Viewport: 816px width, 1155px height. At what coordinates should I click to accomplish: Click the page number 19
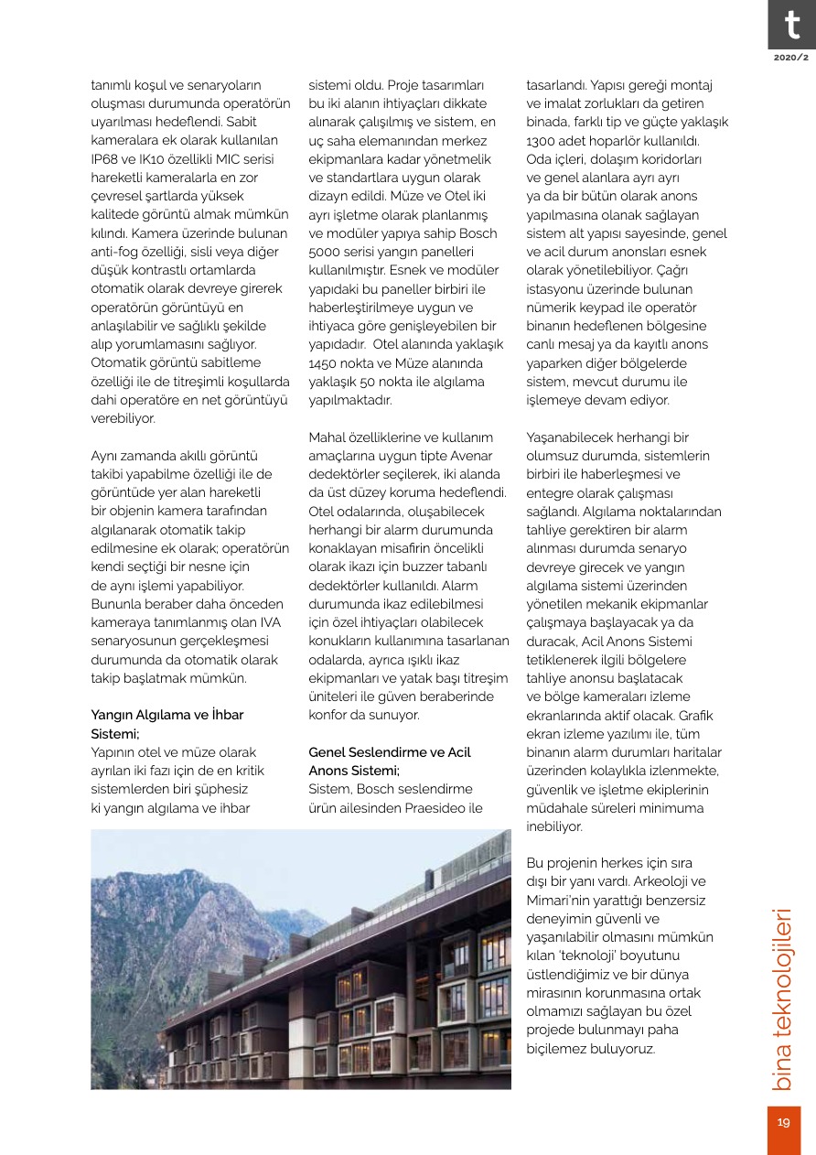point(784,1123)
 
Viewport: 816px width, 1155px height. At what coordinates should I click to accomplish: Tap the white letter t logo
point(788,25)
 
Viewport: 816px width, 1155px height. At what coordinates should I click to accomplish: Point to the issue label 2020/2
point(791,58)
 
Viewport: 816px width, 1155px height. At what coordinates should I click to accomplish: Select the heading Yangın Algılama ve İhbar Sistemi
point(167,723)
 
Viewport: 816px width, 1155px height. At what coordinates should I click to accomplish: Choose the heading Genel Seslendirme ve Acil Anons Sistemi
point(390,761)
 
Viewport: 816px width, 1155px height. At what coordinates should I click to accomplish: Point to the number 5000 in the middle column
point(325,252)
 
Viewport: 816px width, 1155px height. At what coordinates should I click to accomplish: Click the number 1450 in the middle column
point(325,363)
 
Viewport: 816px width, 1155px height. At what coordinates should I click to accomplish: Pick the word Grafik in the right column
point(695,715)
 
